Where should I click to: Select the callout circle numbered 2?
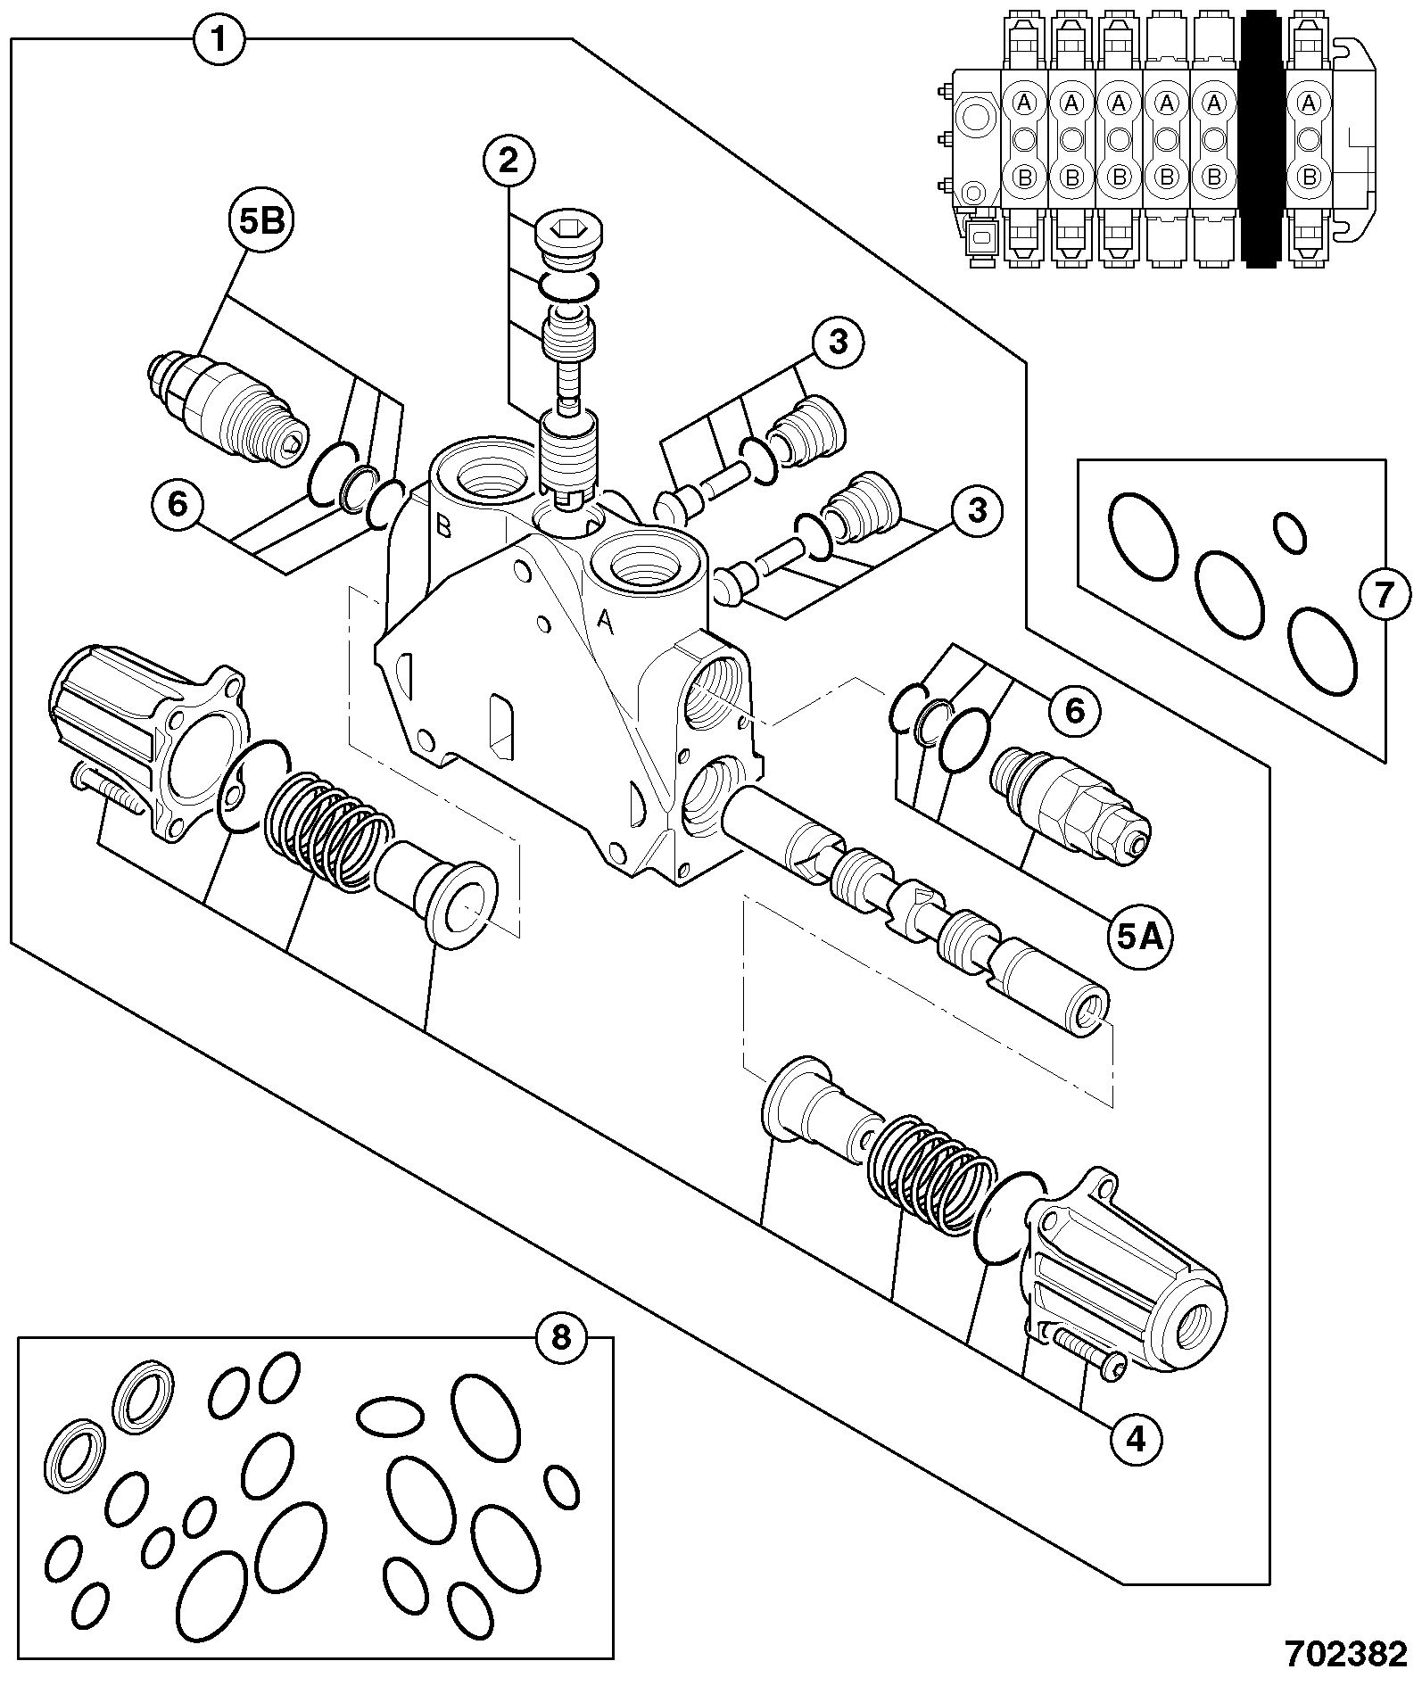pos(508,161)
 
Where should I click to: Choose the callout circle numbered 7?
pos(1383,595)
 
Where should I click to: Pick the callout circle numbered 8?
pos(560,1338)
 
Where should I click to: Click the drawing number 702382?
pos(1345,1653)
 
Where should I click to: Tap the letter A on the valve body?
pos(605,622)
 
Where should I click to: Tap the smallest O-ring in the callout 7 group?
pos(1289,533)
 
